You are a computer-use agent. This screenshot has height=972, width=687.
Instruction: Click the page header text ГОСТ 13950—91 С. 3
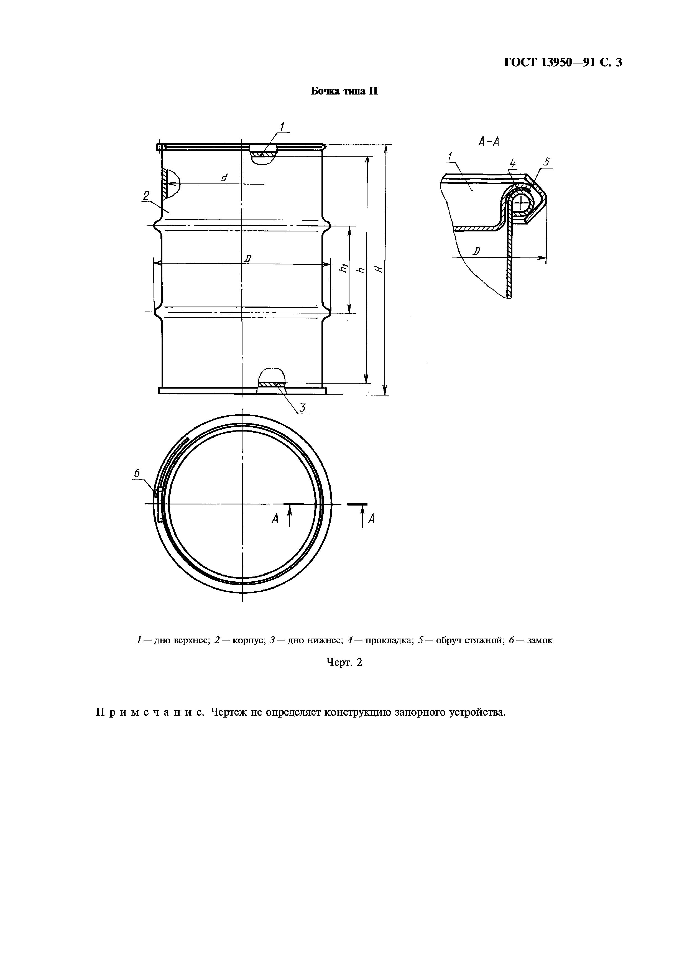click(x=563, y=63)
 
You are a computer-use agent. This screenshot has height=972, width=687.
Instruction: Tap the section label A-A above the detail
click(x=489, y=142)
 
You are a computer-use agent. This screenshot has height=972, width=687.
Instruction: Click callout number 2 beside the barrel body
click(x=146, y=196)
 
